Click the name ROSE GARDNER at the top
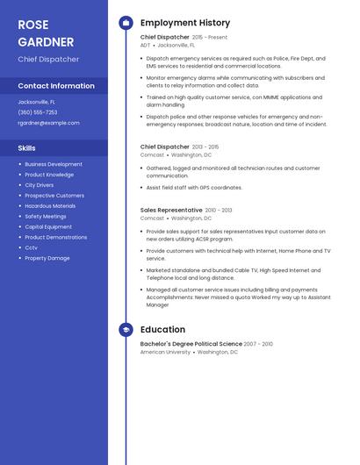coord(46,32)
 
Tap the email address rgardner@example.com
coord(48,123)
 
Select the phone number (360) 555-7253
coord(38,112)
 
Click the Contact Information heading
coord(56,86)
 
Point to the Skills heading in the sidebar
coord(26,148)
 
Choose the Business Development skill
coord(54,164)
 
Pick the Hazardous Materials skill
coord(50,206)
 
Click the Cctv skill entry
coord(31,247)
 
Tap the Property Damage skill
coord(47,258)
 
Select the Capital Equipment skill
coord(48,226)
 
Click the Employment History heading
coord(185,23)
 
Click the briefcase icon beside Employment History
coord(126,23)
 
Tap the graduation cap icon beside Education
coord(126,330)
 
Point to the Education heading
coord(162,330)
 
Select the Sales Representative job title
coord(171,211)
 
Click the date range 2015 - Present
coord(210,38)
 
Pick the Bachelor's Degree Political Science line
coord(191,344)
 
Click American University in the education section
coord(165,352)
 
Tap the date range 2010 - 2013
coord(219,211)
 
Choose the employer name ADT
coord(145,45)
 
